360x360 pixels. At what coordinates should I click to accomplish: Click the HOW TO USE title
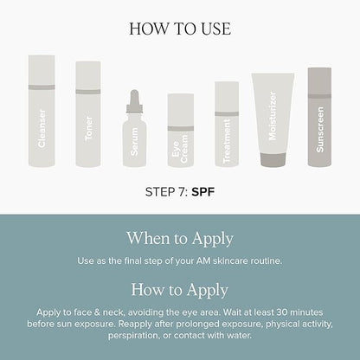tap(180, 29)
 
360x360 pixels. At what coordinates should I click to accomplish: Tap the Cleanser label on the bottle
tap(42, 128)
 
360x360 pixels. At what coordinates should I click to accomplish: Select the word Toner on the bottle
tap(89, 129)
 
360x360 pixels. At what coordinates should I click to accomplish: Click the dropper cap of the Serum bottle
tap(134, 101)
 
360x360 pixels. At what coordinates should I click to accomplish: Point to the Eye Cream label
tap(180, 149)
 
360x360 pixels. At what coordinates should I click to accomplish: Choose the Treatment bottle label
tap(227, 141)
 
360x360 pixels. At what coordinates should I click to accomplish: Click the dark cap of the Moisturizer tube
tap(273, 159)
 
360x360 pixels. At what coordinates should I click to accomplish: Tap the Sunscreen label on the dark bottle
tap(320, 130)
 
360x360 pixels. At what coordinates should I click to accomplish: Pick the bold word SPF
tap(203, 192)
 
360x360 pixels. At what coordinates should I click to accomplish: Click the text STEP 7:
tap(167, 192)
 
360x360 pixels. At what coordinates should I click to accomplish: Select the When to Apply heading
tap(180, 239)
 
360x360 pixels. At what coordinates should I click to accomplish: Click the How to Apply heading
tap(180, 291)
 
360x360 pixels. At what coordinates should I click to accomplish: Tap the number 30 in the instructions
tap(282, 312)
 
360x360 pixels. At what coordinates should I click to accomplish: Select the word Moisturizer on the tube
tap(273, 116)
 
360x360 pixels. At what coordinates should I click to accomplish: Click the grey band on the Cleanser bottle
tap(42, 87)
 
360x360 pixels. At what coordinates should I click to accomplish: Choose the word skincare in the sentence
tap(230, 261)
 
